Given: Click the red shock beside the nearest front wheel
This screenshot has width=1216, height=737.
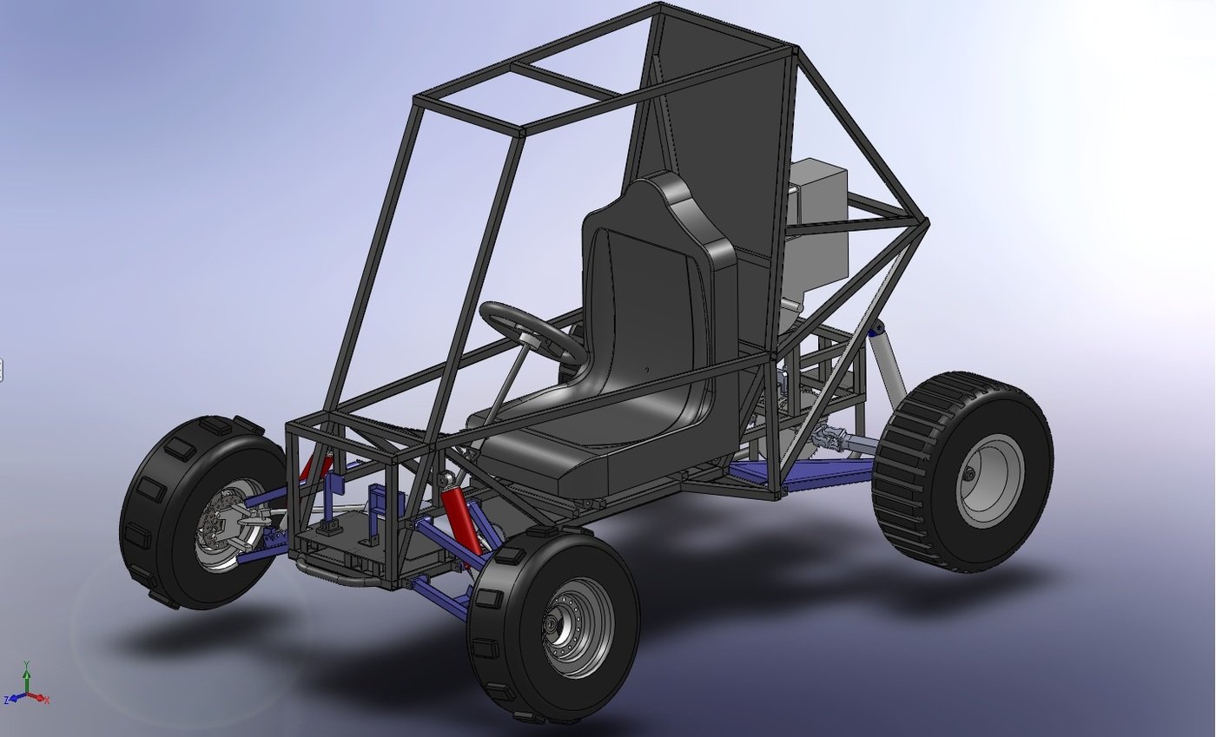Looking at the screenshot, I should click(461, 521).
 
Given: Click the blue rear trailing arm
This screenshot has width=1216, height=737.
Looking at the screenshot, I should click(808, 472).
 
